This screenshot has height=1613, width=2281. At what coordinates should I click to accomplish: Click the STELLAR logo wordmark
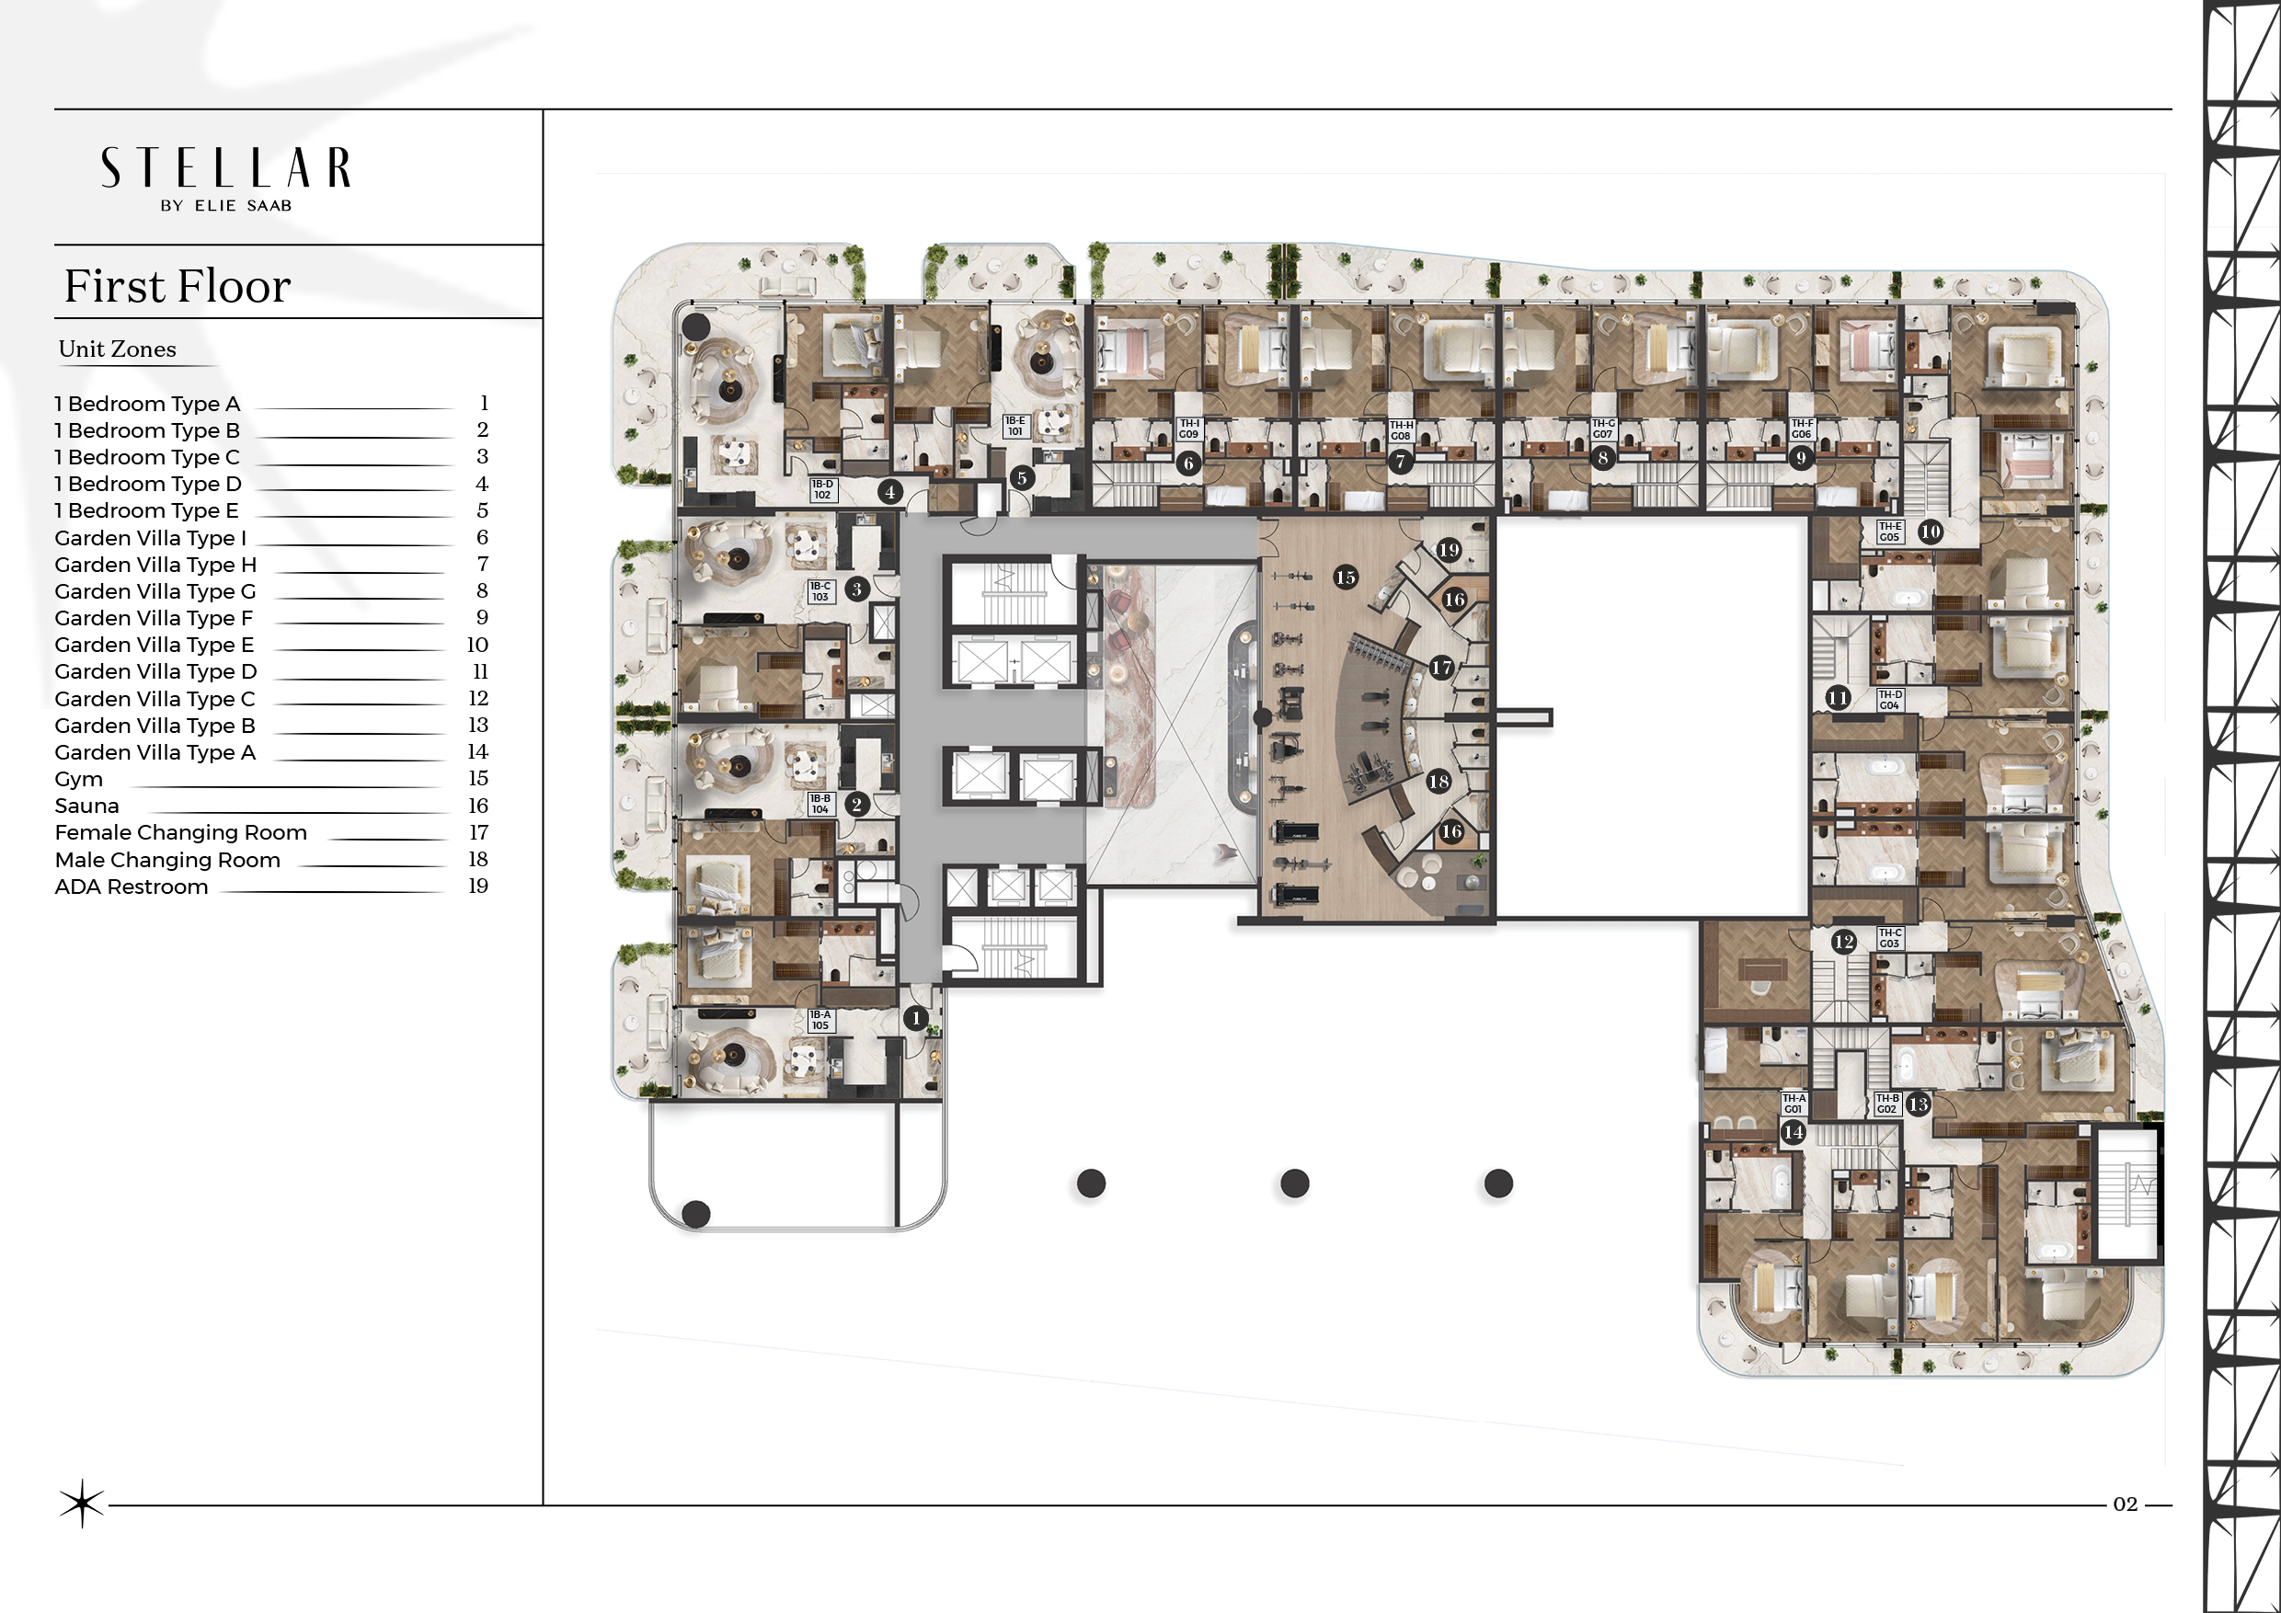[225, 168]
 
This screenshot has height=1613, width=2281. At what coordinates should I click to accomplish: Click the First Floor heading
[178, 286]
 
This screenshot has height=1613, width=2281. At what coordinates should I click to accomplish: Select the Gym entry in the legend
[78, 780]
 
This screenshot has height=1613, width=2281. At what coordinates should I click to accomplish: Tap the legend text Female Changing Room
[181, 833]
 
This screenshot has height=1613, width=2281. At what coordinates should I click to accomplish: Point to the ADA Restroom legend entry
[132, 887]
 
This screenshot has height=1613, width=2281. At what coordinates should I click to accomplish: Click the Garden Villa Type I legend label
[151, 538]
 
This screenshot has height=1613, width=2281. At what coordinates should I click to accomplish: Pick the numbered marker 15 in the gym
[1346, 578]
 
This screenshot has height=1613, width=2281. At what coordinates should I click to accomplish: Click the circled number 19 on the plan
[1449, 549]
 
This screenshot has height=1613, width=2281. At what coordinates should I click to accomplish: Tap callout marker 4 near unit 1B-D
[890, 491]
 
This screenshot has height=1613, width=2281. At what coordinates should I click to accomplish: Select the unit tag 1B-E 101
[1014, 426]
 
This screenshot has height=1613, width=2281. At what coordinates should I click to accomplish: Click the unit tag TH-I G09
[1188, 429]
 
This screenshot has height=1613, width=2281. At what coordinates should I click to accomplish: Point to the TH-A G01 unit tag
[1794, 1104]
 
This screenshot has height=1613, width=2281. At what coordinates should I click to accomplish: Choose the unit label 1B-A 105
[820, 1020]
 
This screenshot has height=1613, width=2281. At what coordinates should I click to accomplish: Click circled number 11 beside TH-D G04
[1838, 697]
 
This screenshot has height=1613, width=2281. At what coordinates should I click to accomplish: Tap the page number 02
[2125, 1504]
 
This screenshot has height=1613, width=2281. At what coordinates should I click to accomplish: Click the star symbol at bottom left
[82, 1504]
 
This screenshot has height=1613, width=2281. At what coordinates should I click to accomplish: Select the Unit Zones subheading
[117, 349]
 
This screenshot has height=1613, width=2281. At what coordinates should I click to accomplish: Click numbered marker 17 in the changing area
[1441, 668]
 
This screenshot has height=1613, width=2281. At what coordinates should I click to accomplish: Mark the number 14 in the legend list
[478, 752]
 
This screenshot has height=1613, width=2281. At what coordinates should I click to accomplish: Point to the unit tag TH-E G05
[1889, 532]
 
